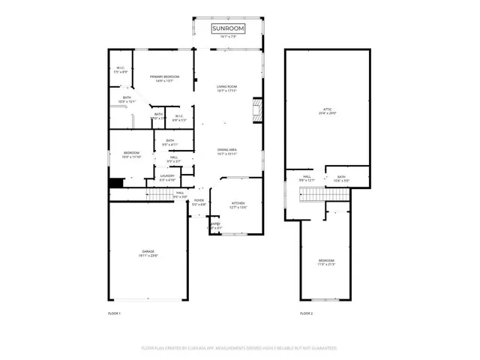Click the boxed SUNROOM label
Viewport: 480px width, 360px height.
(x=228, y=28)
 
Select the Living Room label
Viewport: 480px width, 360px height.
(x=227, y=88)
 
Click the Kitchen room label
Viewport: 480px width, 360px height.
(x=238, y=205)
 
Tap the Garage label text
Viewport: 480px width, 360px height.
(x=146, y=253)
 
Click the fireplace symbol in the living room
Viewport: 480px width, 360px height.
(x=258, y=109)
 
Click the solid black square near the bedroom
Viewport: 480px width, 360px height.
(x=115, y=184)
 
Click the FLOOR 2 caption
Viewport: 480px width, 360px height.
(x=306, y=313)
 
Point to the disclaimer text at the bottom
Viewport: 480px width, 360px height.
(x=239, y=348)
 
